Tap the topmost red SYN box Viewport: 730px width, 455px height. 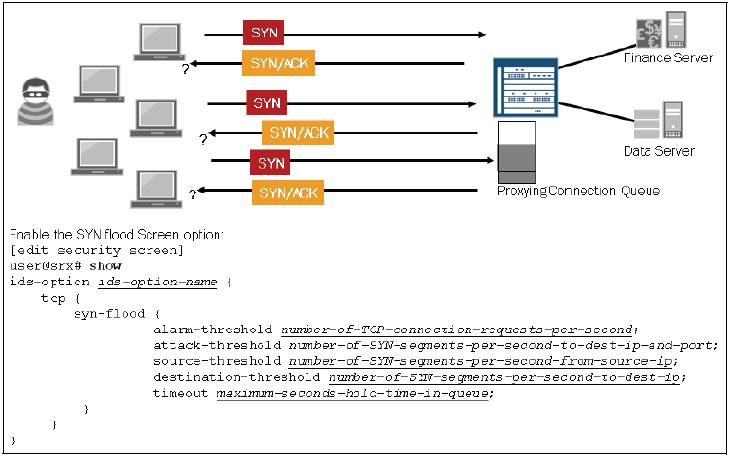pyautogui.click(x=263, y=33)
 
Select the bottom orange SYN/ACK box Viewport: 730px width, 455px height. pyautogui.click(x=287, y=193)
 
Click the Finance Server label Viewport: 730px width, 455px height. pyautogui.click(x=668, y=57)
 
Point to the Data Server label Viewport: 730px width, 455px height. pyautogui.click(x=658, y=151)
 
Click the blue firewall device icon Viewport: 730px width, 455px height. pyautogui.click(x=524, y=88)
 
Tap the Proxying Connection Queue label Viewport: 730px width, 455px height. pyautogui.click(x=578, y=192)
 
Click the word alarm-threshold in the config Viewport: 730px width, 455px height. pyautogui.click(x=215, y=330)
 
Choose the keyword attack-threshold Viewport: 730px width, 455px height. pyautogui.click(x=218, y=345)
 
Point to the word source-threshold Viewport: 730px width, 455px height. pyautogui.click(x=218, y=361)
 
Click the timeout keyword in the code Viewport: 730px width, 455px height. pyautogui.click(x=182, y=393)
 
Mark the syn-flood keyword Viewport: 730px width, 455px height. pyautogui.click(x=109, y=313)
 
